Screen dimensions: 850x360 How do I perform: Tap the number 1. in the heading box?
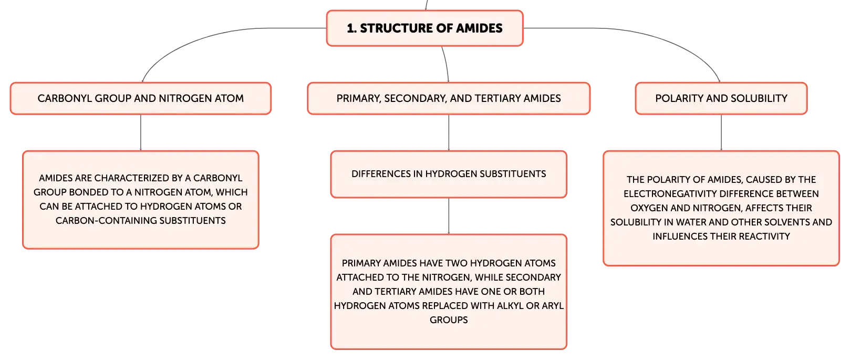[351, 28]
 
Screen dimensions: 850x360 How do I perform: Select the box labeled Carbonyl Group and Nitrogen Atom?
[141, 98]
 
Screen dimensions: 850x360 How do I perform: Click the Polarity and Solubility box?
[721, 98]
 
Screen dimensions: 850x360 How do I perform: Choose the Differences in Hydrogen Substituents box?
[449, 174]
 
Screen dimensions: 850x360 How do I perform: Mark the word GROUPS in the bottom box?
[449, 320]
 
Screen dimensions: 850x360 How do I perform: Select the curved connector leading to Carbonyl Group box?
[212, 37]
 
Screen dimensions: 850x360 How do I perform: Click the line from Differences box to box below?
[449, 216]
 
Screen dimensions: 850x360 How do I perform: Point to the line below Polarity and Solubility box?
[721, 132]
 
